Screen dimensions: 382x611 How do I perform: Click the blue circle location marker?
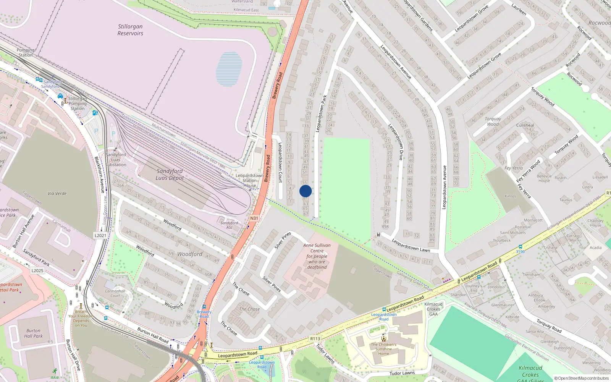pos(305,191)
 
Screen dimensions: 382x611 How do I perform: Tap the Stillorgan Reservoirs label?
pos(130,30)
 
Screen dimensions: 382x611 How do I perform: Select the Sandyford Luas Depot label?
pos(170,175)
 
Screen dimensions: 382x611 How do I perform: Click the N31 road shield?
pos(254,218)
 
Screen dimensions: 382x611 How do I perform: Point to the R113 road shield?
pos(315,338)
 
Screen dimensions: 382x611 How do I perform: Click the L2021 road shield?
pos(100,235)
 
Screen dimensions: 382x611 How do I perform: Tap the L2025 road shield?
pos(37,270)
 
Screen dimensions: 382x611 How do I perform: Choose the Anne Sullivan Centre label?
pos(317,256)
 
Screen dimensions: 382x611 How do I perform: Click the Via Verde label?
pos(57,193)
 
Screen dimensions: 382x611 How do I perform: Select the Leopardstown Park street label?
pos(321,114)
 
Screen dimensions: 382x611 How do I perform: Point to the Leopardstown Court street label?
pos(280,162)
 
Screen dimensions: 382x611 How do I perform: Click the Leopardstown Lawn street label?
pos(411,245)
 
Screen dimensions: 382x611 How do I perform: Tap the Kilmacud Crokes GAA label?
pos(433,309)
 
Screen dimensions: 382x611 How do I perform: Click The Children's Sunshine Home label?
pos(383,348)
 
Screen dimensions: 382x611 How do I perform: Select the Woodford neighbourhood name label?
pos(190,254)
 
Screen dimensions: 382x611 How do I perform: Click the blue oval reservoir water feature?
pos(229,69)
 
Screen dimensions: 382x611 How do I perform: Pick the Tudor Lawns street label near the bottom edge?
pos(402,373)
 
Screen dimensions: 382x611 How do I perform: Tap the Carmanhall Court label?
pos(115,293)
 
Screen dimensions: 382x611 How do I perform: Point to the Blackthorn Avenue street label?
pos(99,175)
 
